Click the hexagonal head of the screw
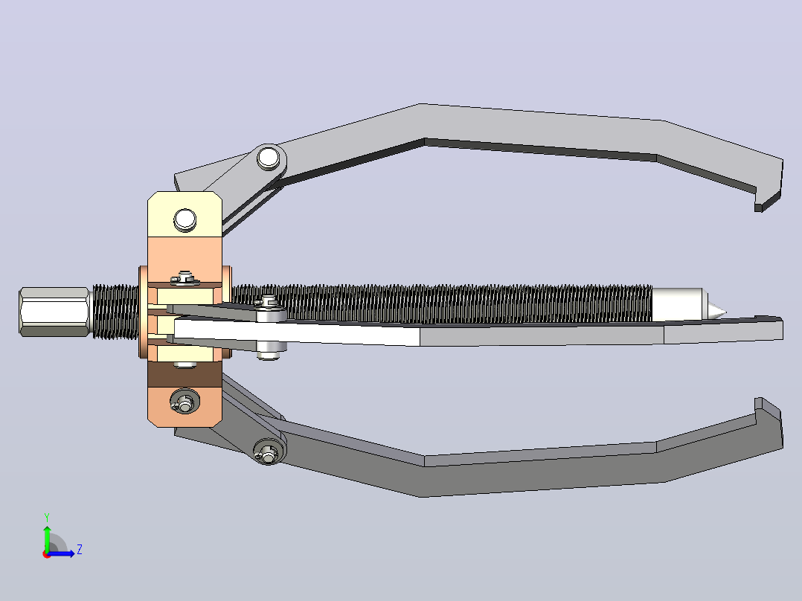click(x=54, y=312)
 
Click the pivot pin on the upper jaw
click(x=269, y=158)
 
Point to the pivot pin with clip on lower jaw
click(x=268, y=451)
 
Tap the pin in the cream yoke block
click(x=185, y=220)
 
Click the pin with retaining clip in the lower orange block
click(x=185, y=400)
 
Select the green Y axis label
click(x=47, y=518)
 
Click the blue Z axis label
click(x=80, y=550)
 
